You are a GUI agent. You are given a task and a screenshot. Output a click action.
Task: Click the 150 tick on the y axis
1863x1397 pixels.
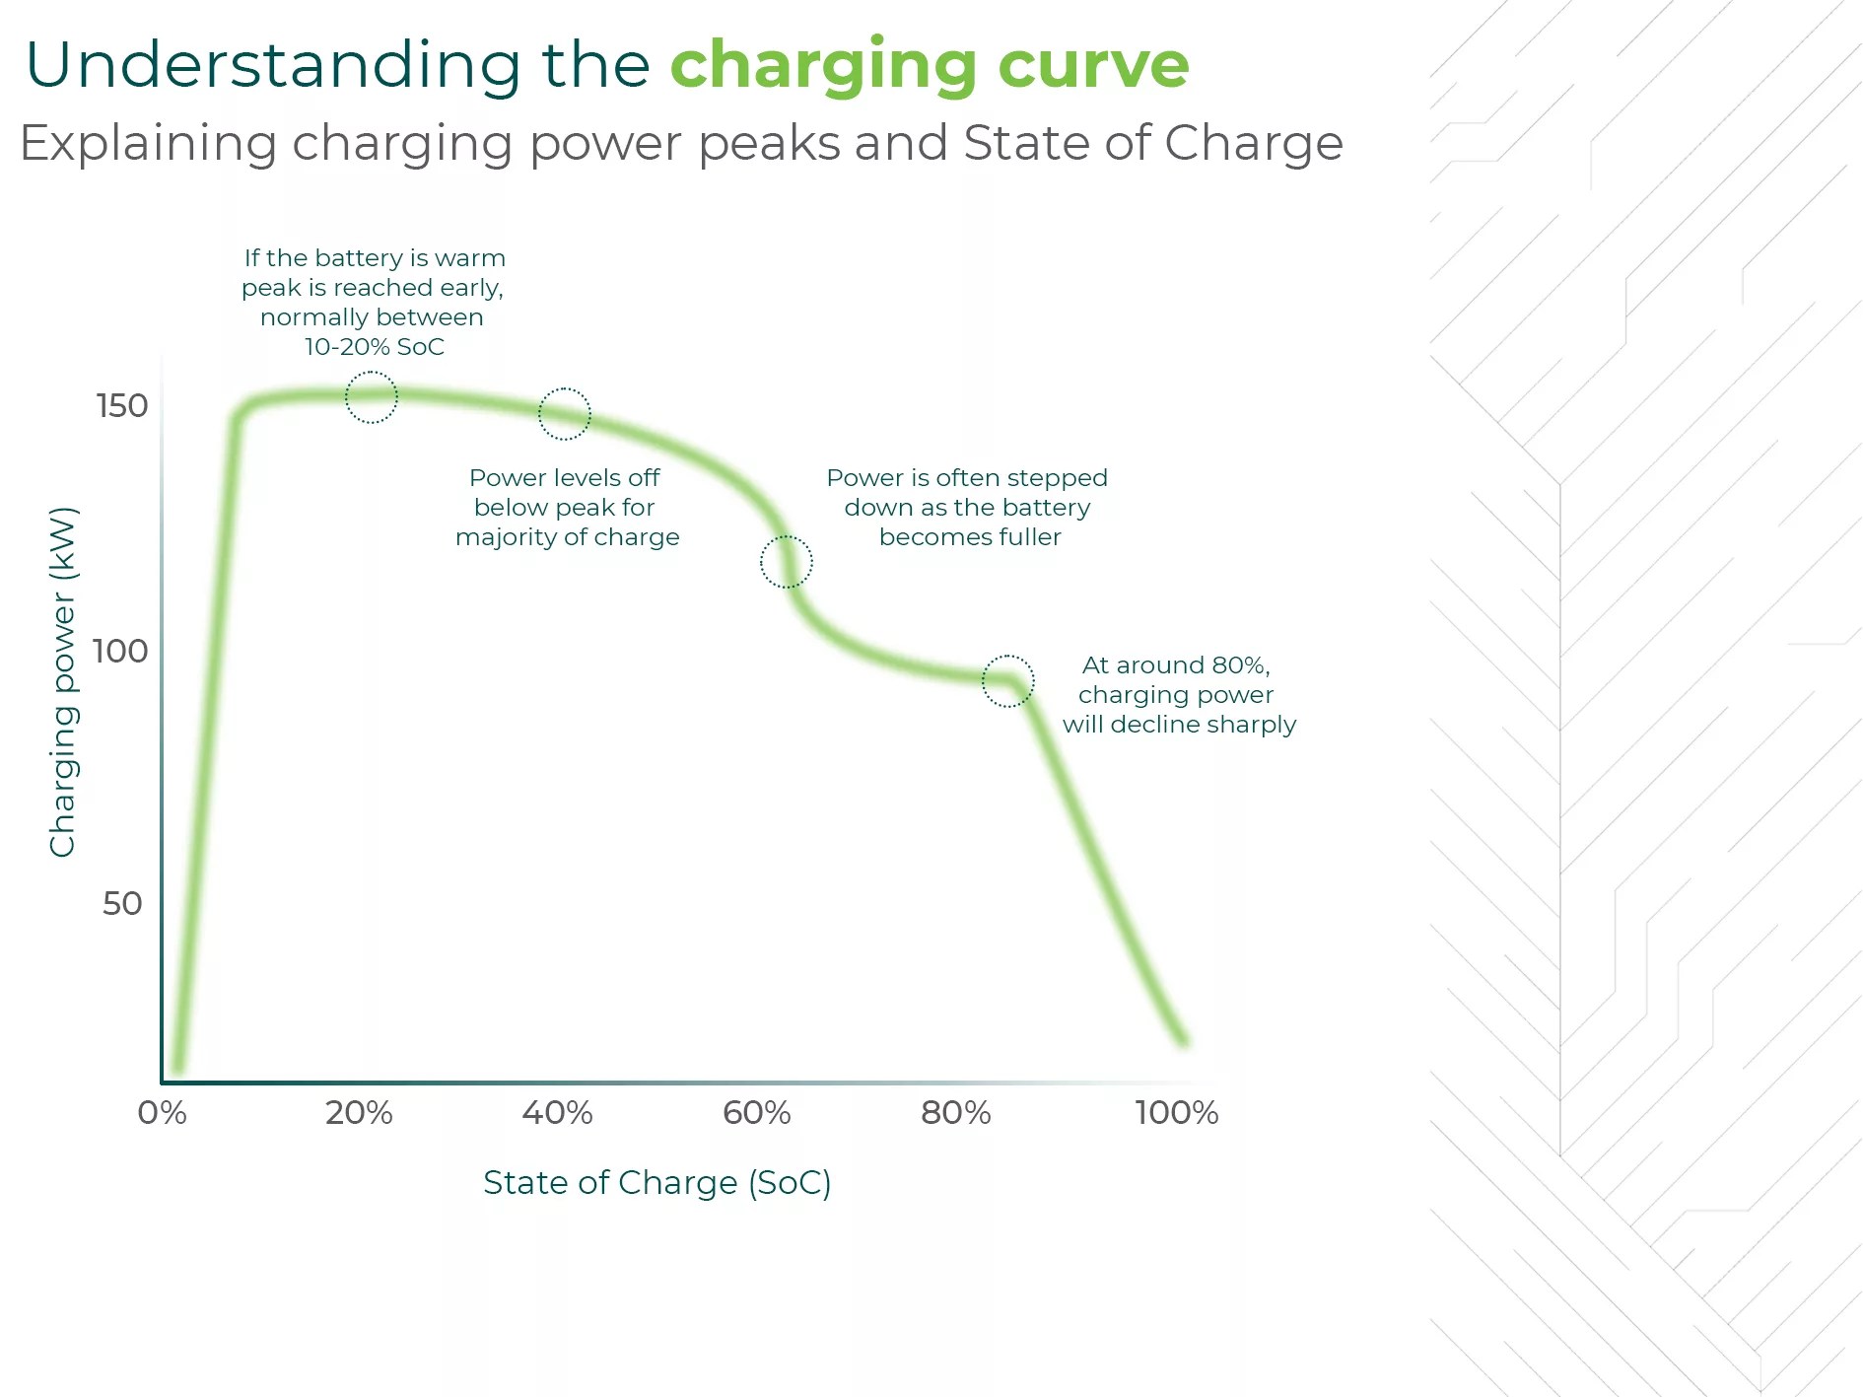[122, 406]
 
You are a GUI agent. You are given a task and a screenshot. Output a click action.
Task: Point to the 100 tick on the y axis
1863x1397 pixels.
[120, 651]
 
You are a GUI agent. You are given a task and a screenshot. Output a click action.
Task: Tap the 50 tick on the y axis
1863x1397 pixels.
[123, 903]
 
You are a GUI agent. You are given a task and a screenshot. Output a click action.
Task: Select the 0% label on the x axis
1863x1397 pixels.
[162, 1113]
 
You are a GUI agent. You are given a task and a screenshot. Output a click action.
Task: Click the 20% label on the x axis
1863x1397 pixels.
[359, 1113]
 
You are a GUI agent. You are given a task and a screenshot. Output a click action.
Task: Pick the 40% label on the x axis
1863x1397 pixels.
[557, 1113]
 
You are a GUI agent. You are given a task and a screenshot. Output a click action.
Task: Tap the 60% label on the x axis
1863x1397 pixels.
[756, 1113]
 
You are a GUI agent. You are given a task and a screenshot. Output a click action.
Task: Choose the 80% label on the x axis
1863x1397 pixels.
[955, 1113]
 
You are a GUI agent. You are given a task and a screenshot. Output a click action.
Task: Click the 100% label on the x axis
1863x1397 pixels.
[1176, 1113]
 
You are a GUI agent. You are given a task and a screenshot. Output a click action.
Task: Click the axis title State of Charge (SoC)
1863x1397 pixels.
[656, 1182]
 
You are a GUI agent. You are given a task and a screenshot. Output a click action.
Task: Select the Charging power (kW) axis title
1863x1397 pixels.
[62, 682]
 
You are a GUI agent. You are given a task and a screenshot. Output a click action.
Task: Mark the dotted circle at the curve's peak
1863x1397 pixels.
[372, 397]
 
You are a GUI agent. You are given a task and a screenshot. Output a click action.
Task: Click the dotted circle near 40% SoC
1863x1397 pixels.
[565, 414]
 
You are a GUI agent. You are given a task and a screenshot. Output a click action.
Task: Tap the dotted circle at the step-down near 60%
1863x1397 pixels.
[787, 562]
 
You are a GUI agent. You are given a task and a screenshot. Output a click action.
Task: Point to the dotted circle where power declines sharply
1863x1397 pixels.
[1008, 681]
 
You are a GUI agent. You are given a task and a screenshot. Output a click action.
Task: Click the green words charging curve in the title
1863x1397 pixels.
[930, 65]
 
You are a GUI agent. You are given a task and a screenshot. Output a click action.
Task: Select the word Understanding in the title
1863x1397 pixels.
[273, 65]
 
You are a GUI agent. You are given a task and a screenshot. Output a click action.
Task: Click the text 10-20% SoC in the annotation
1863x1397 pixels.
[374, 347]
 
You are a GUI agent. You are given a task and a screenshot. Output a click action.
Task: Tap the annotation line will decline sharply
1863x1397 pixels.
[1179, 725]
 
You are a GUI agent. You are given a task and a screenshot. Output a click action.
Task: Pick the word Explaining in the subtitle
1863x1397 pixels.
[148, 144]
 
